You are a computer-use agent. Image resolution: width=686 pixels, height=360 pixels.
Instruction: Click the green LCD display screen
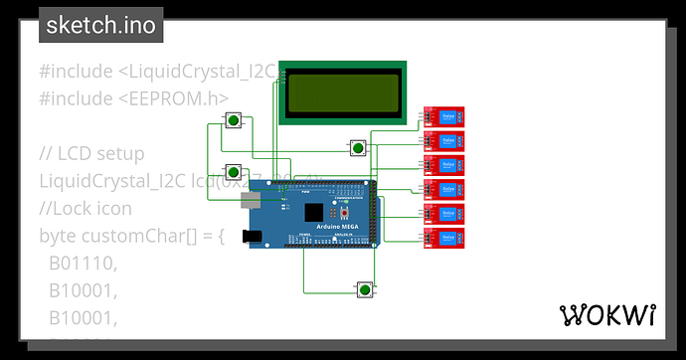343,93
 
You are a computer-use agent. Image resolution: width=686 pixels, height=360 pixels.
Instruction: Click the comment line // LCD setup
91,154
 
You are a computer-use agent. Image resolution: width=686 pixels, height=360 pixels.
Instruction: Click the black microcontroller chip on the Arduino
315,212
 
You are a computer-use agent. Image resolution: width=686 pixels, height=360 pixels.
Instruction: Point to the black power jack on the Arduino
252,237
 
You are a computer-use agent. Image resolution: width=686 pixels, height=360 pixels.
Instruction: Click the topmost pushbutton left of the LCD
232,121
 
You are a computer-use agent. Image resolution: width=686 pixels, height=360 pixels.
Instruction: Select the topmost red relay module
443,117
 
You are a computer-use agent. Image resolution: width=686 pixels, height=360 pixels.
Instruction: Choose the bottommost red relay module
443,237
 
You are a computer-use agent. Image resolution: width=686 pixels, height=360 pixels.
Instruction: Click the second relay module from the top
443,141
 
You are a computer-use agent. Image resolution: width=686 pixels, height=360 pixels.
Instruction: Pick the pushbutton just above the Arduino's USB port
232,171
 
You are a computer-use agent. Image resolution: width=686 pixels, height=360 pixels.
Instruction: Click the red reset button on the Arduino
344,214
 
